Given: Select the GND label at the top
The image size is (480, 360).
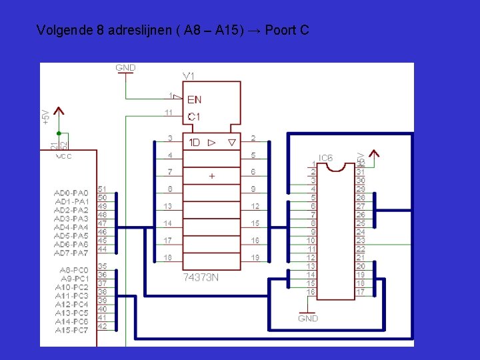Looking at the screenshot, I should click(125, 68).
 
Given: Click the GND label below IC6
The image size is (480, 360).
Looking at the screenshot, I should click(308, 319).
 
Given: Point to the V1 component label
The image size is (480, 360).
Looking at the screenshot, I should click(189, 75).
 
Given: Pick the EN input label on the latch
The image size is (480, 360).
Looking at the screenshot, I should click(194, 100).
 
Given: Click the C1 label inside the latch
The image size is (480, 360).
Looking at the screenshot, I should click(193, 117).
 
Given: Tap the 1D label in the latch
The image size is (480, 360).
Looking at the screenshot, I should click(194, 143).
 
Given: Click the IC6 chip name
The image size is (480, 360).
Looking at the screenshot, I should click(326, 158).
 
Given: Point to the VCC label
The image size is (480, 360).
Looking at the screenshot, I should click(64, 157).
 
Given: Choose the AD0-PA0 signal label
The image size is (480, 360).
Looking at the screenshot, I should click(71, 193).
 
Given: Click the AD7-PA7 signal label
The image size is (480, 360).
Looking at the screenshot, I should click(71, 253).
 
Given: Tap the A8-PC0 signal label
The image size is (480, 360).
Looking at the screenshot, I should click(73, 270).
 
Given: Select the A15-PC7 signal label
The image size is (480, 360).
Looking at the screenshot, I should click(71, 330).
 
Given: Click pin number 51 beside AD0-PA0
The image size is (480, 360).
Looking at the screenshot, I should click(102, 189).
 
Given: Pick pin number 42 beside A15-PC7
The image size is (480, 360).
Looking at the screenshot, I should click(102, 326).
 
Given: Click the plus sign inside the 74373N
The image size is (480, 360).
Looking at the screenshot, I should click(212, 176).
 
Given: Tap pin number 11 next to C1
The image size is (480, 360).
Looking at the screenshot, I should click(169, 112).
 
